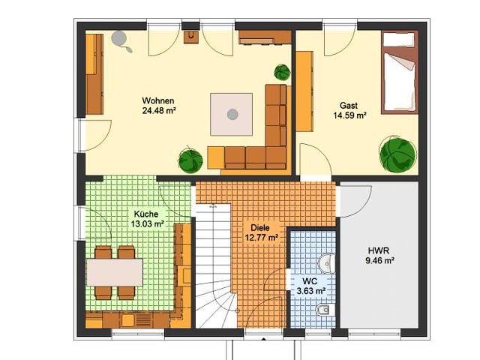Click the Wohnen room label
(158, 100)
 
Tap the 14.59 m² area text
(350, 115)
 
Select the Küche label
(146, 214)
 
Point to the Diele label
(260, 228)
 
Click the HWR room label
(379, 250)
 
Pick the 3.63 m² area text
(310, 291)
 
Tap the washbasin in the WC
(326, 263)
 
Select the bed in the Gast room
(400, 73)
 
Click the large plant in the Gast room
(397, 154)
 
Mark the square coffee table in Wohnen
(232, 114)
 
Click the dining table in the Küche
(115, 272)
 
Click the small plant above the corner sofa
(282, 72)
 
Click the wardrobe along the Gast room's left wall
(304, 91)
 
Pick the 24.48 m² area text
(158, 110)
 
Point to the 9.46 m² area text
(379, 261)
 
